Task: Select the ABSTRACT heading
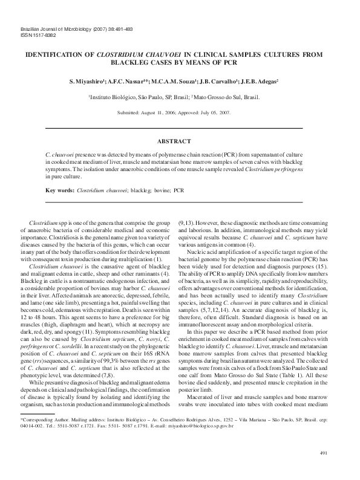(x=174, y=141)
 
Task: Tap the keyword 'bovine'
(x=160, y=190)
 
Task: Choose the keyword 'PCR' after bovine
(x=178, y=190)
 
